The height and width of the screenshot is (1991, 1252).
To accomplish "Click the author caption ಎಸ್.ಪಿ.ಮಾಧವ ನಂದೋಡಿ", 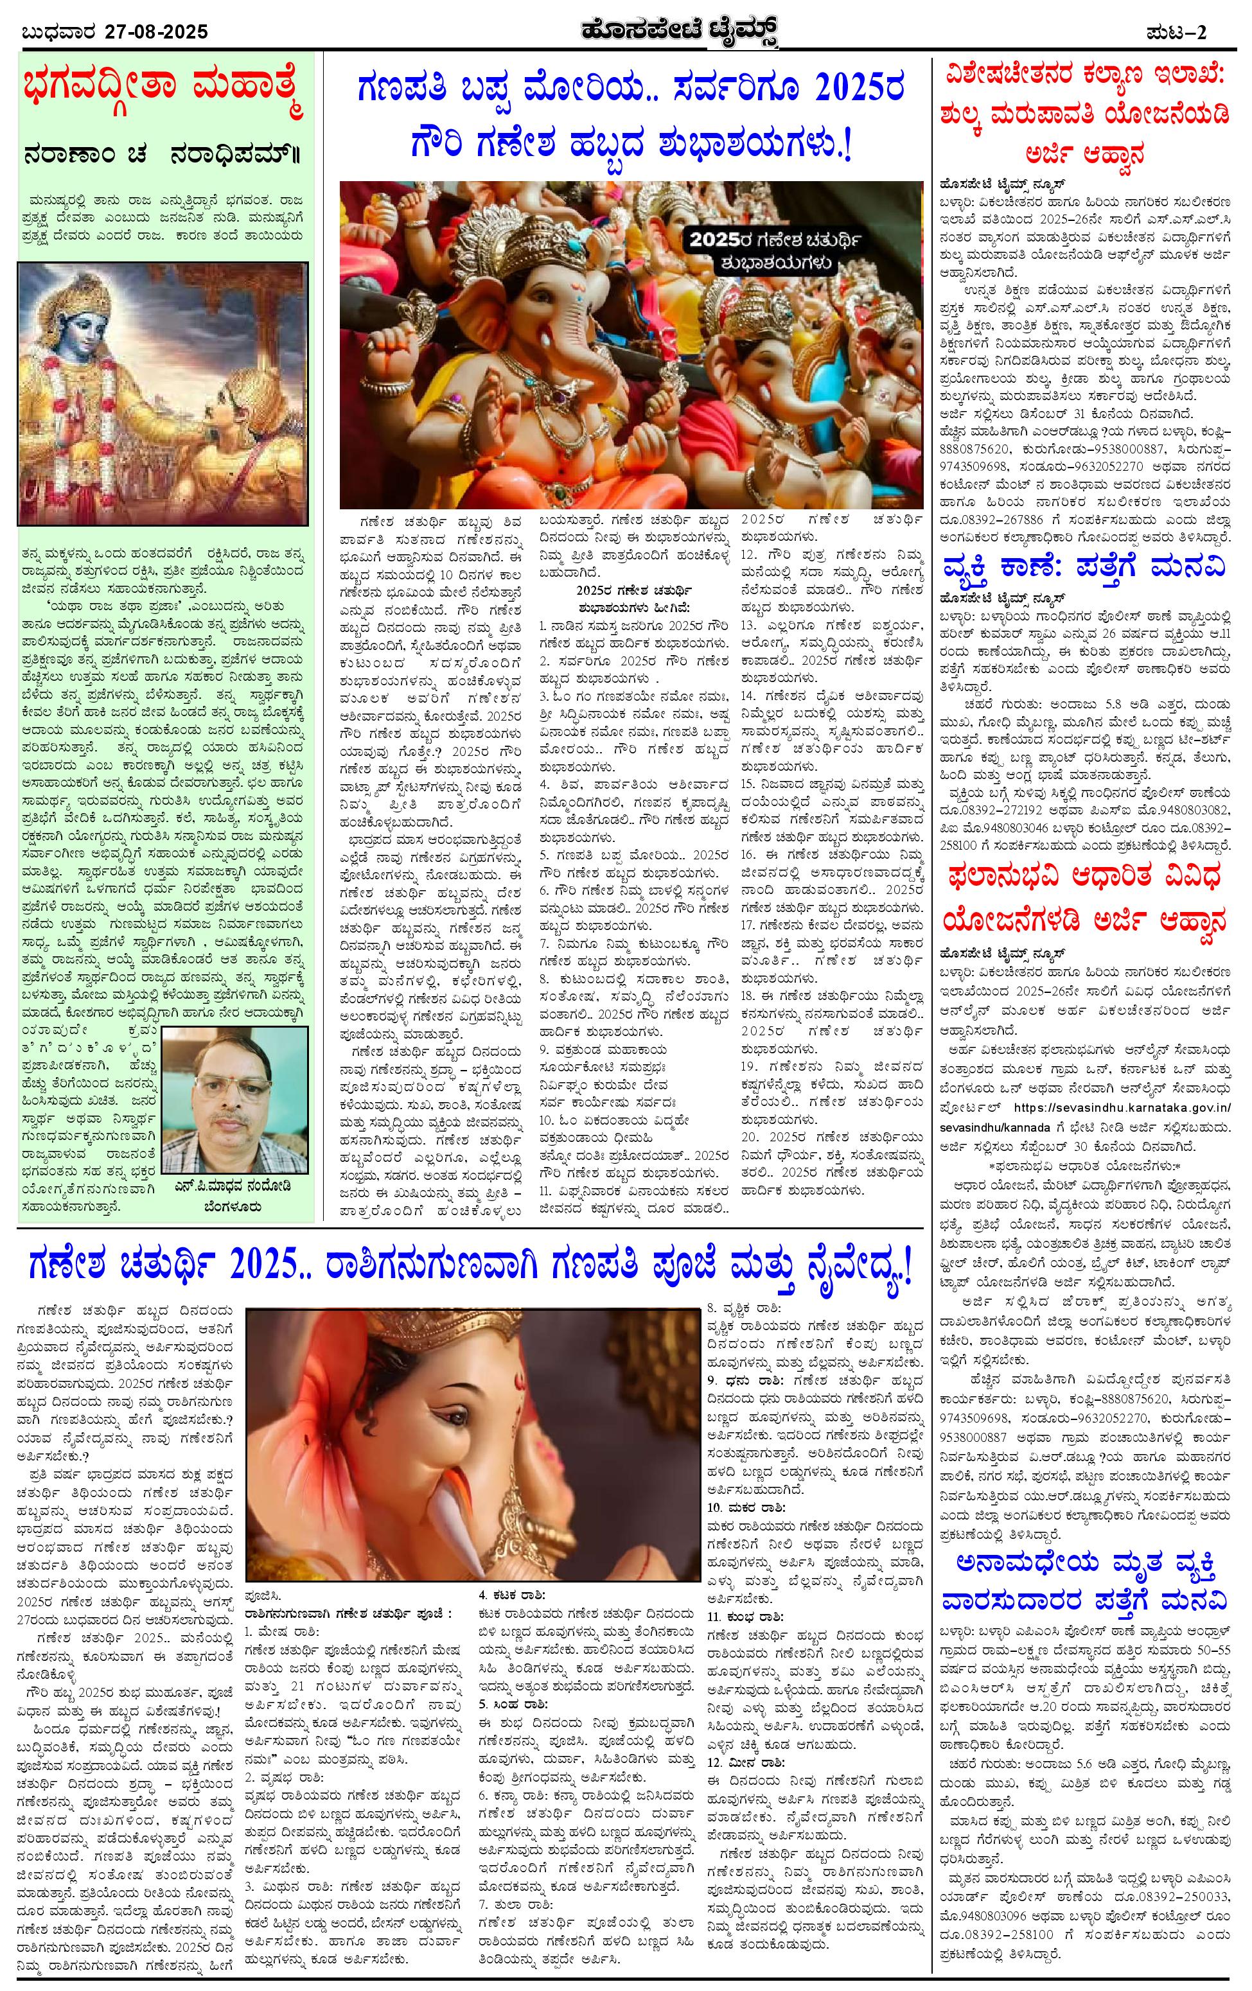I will pos(234,1185).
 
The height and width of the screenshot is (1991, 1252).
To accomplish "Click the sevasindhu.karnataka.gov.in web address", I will pos(1122,1107).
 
